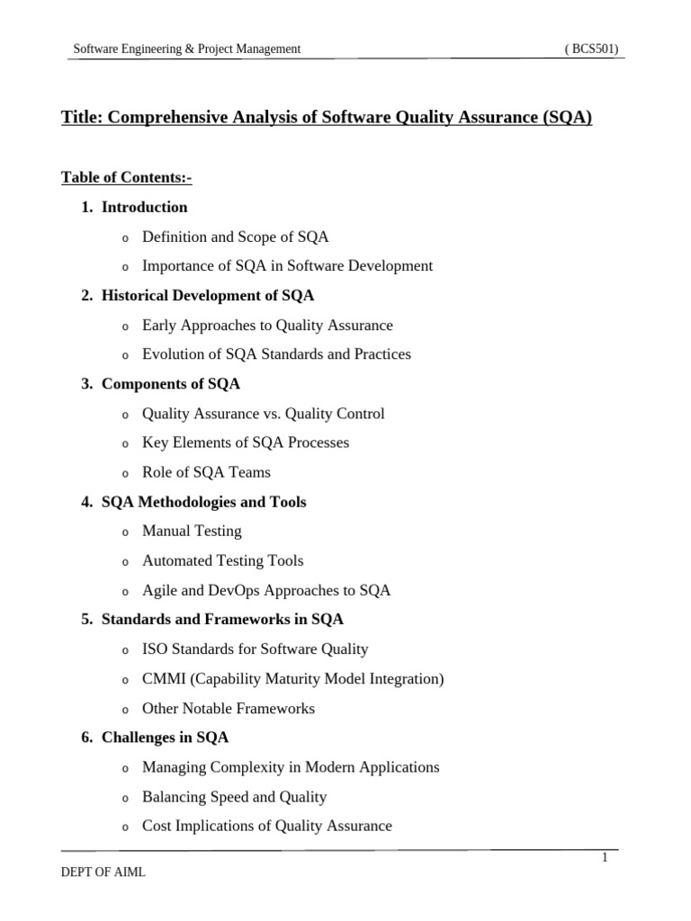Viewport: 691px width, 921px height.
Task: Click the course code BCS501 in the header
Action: pyautogui.click(x=591, y=49)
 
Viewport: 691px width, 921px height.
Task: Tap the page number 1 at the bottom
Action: pyautogui.click(x=606, y=858)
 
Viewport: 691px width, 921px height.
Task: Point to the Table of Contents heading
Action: pyautogui.click(x=126, y=177)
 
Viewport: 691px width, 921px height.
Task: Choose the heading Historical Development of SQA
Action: pyautogui.click(x=208, y=295)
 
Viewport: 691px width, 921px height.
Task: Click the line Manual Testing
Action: pyautogui.click(x=192, y=531)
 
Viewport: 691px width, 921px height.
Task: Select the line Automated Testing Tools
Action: pyautogui.click(x=222, y=560)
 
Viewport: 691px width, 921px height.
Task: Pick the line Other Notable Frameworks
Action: pyautogui.click(x=229, y=708)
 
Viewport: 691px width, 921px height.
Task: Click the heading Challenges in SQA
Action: pyautogui.click(x=166, y=738)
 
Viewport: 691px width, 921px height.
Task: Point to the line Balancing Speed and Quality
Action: pyautogui.click(x=234, y=797)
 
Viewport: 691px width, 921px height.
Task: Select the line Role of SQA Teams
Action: pyautogui.click(x=206, y=472)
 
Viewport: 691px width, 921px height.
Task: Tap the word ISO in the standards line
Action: pyautogui.click(x=154, y=648)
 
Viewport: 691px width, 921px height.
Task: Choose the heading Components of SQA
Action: pyautogui.click(x=171, y=384)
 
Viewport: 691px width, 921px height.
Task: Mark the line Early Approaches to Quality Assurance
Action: pyautogui.click(x=267, y=325)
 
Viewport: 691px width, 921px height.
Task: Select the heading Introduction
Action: pyautogui.click(x=145, y=207)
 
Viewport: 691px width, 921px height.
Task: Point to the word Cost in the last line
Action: pyautogui.click(x=157, y=826)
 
